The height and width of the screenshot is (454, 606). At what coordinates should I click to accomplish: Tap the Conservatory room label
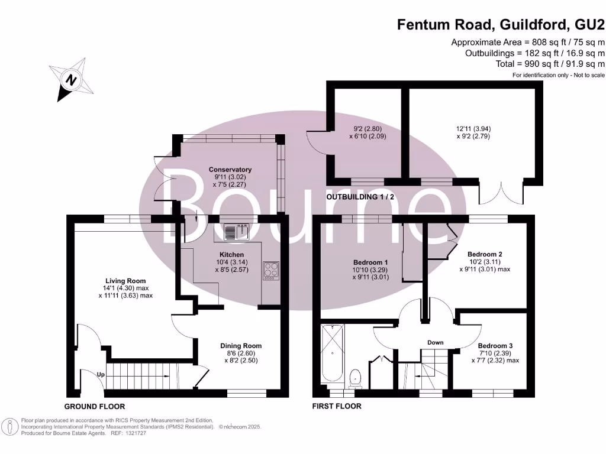click(x=230, y=170)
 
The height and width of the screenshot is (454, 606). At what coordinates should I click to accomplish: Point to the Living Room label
click(x=125, y=281)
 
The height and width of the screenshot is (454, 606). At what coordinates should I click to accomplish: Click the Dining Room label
click(x=241, y=346)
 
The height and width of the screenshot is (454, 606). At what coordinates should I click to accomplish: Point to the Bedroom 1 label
click(x=370, y=262)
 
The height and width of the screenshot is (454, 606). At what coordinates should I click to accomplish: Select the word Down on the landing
click(x=436, y=342)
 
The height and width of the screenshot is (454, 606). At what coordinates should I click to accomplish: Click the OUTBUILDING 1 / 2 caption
click(x=360, y=197)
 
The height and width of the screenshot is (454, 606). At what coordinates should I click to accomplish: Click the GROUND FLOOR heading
click(x=95, y=407)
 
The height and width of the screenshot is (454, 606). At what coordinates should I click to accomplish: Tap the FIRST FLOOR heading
click(x=337, y=407)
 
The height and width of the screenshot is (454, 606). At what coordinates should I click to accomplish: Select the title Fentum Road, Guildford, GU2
click(x=501, y=24)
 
